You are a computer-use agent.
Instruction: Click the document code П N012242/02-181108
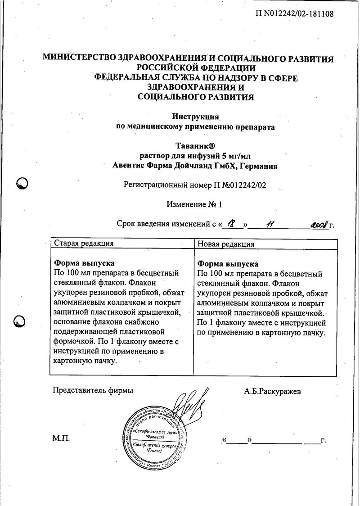(294, 14)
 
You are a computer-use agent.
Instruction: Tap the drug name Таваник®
(195, 146)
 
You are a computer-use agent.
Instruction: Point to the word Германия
(259, 166)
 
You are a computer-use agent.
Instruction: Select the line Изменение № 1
(194, 204)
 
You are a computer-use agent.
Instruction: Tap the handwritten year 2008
(319, 224)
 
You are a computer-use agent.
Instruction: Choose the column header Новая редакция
(226, 244)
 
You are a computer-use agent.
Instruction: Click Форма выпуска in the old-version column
(84, 263)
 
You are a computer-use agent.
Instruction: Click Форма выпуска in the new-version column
(228, 264)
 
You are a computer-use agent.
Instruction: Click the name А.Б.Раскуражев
(273, 391)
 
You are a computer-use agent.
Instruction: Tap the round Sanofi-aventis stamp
(157, 436)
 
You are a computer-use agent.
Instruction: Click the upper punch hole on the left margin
(22, 184)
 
